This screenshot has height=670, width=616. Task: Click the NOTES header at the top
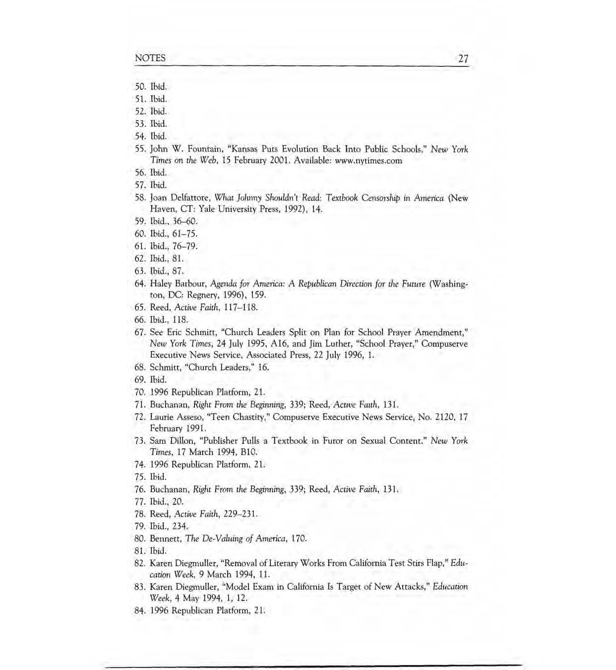(x=150, y=58)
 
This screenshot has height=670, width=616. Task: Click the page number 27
(x=463, y=59)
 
